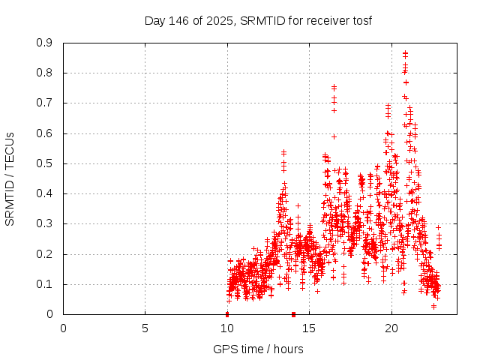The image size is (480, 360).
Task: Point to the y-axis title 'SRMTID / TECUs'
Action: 10,178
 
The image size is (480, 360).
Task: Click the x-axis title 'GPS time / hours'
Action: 258,349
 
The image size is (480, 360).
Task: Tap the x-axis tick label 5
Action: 145,328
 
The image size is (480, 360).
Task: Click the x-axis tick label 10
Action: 226,328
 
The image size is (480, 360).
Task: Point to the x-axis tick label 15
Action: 308,328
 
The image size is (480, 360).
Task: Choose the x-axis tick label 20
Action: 390,328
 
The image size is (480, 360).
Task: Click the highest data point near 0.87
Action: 405,53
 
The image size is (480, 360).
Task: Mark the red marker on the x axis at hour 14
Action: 293,314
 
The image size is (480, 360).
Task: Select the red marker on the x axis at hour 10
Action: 227,314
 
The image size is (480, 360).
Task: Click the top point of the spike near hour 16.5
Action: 334,86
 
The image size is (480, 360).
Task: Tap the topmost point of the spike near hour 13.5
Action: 283,151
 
